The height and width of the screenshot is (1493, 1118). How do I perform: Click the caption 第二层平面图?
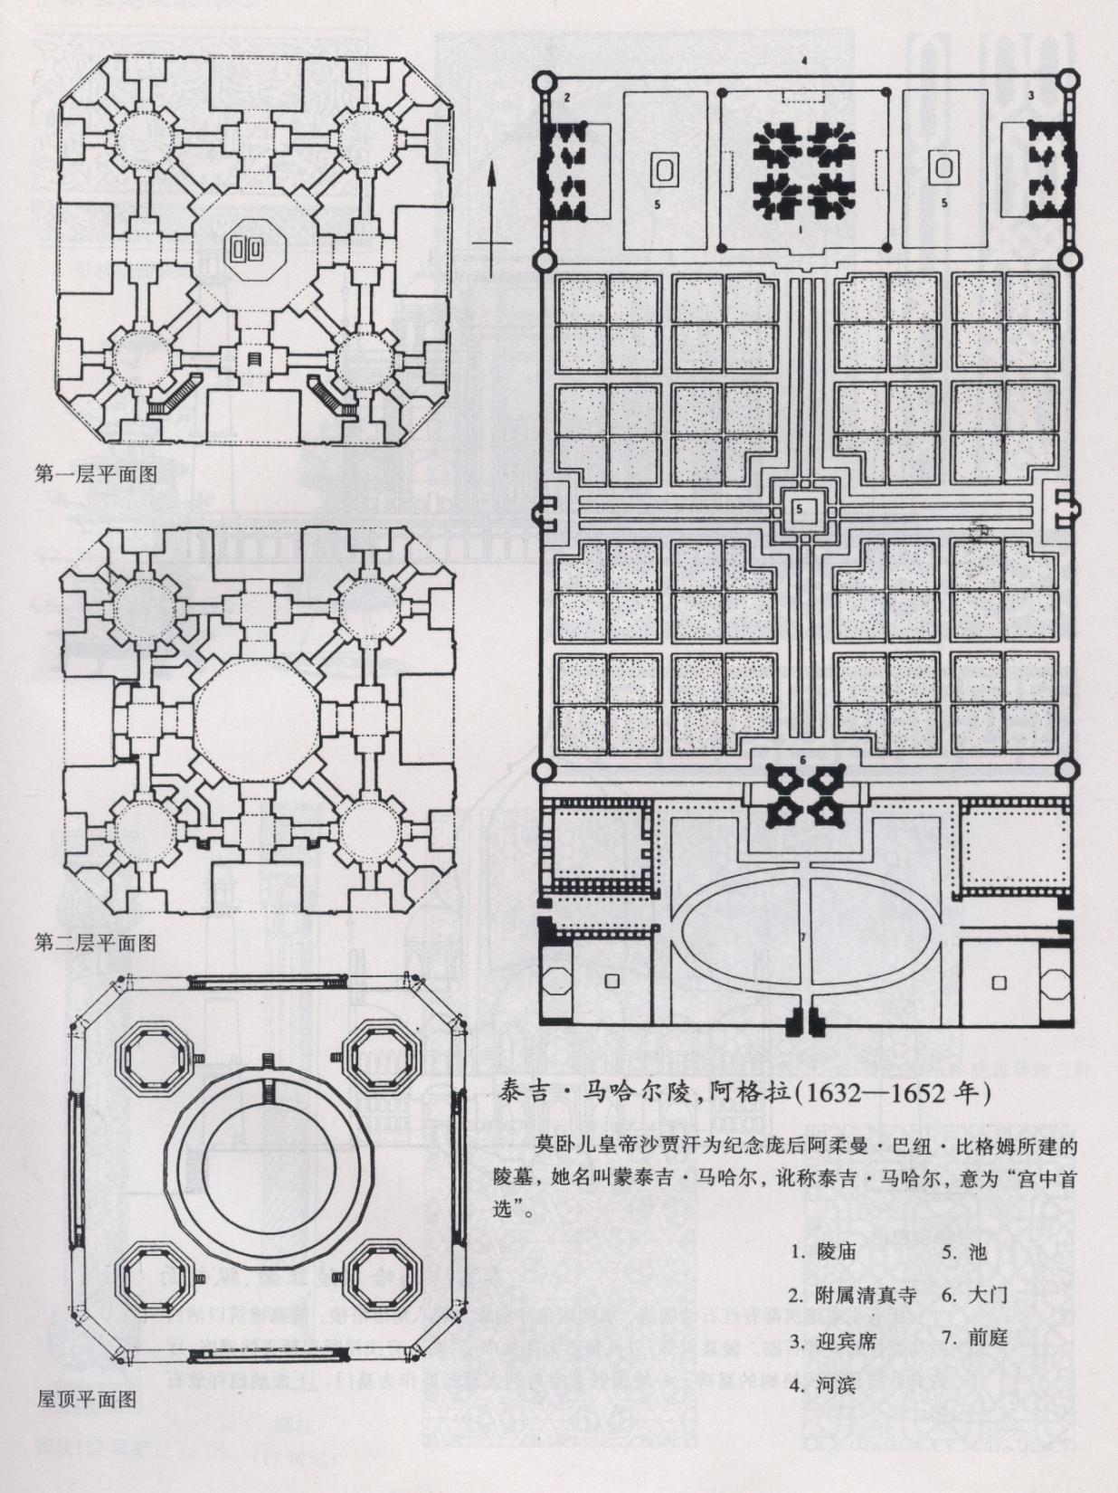tap(96, 943)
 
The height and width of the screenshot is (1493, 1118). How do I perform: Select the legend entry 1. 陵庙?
tap(822, 1253)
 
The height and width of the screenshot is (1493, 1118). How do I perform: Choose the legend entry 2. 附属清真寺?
tap(853, 1297)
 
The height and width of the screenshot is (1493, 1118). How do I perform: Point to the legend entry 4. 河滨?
tap(822, 1384)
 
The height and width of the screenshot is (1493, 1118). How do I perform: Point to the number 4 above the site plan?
tap(803, 62)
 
